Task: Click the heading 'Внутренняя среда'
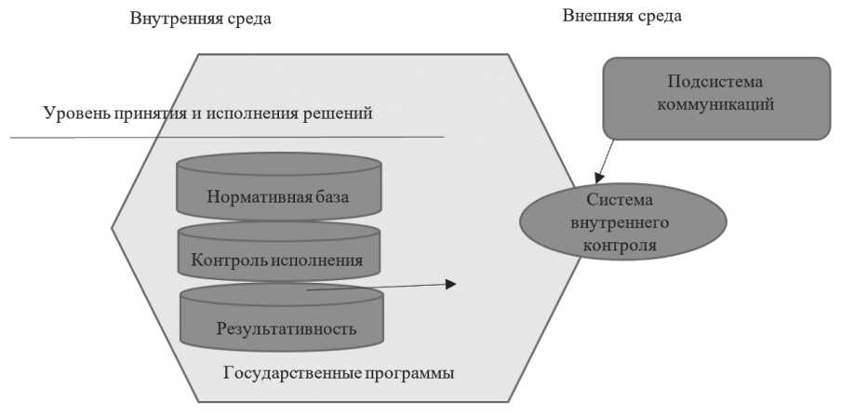coord(201,19)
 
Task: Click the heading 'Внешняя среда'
coord(622,16)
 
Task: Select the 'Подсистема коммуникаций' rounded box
coord(715,98)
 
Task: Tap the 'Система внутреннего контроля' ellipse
coord(621,223)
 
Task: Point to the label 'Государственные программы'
coord(339,374)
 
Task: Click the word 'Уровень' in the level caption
coord(74,114)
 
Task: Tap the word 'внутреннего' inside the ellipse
coord(621,223)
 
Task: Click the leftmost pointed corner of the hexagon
coord(113,227)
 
